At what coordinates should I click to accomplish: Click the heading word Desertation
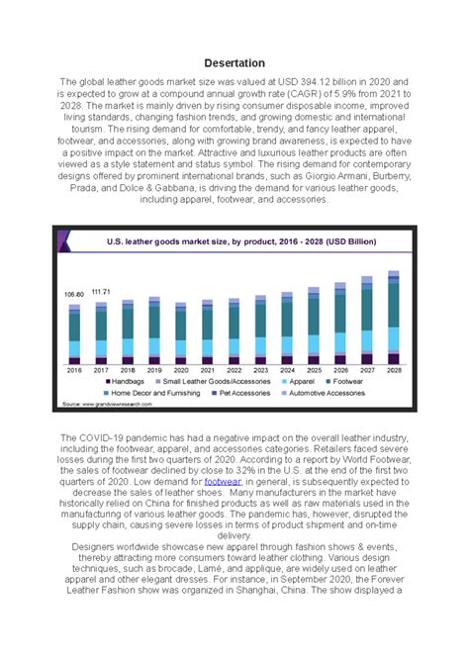(x=234, y=63)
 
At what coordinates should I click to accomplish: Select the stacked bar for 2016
(x=74, y=333)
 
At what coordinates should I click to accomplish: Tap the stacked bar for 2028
(x=394, y=316)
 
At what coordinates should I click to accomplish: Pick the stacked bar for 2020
(x=181, y=333)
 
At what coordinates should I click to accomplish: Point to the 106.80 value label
(x=74, y=295)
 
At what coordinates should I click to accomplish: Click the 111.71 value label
(x=101, y=292)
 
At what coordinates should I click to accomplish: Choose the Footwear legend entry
(x=344, y=381)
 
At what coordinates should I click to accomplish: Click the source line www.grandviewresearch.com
(x=111, y=405)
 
